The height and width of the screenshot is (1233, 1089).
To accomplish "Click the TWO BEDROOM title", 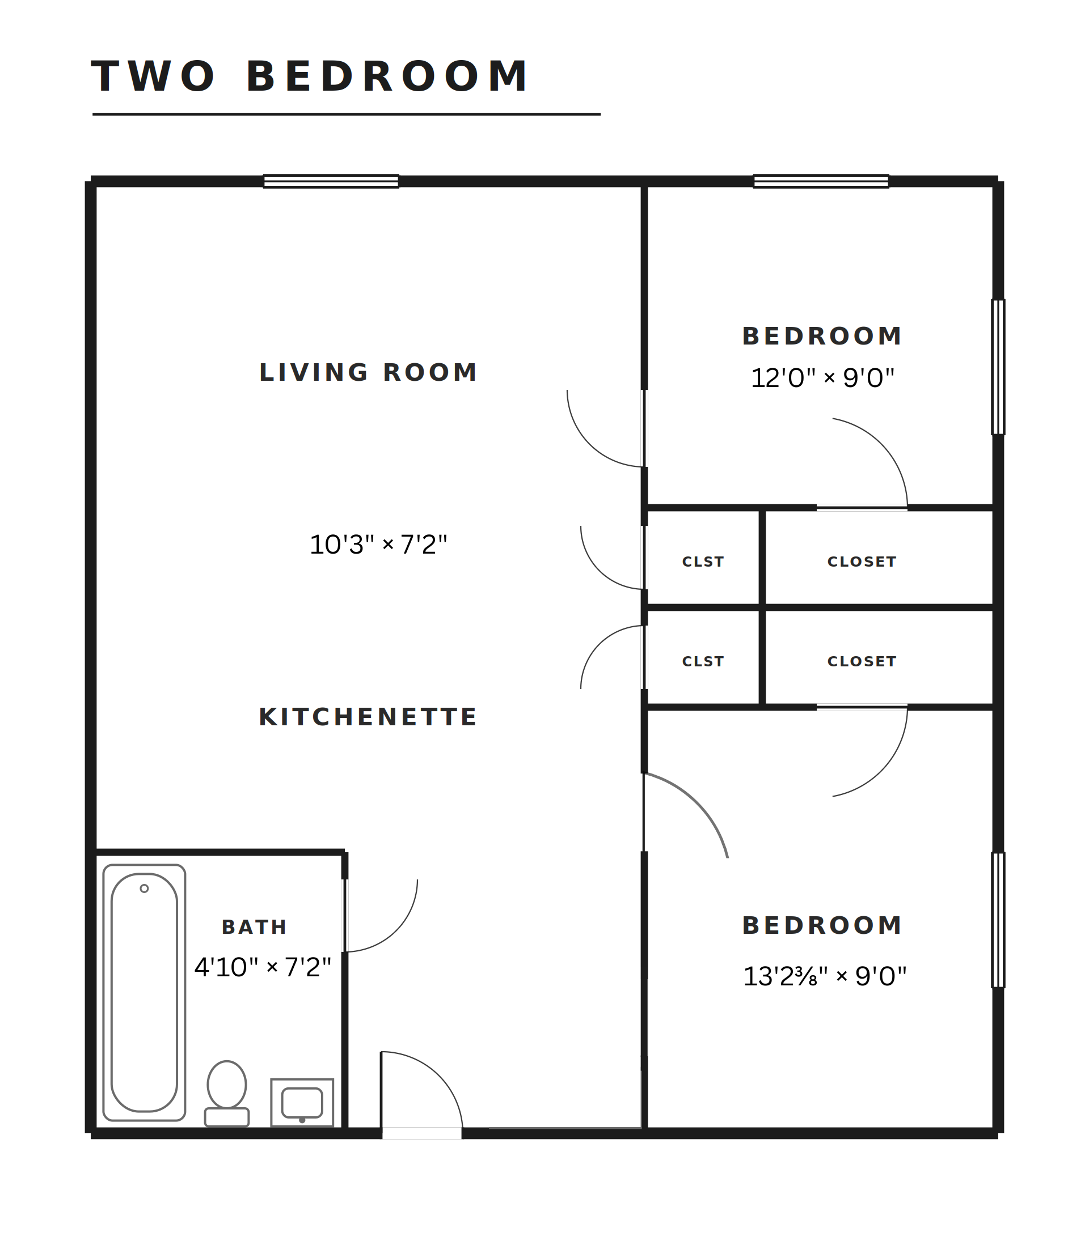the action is pos(310,76).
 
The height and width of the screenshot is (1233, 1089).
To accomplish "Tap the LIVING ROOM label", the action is pos(368,372).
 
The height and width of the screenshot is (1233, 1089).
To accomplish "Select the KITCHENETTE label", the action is pos(368,717).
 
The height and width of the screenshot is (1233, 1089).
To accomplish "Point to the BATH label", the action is pos(254,926).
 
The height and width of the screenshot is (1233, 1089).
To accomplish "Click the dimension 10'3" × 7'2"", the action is pos(378,544).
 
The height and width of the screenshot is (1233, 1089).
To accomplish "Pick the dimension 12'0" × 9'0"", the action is pos(822,377).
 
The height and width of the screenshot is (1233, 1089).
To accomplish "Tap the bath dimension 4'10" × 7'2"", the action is pos(263,967).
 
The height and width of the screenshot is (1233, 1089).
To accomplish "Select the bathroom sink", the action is pos(302,1103).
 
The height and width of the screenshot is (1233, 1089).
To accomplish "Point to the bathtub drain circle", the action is pos(144,888).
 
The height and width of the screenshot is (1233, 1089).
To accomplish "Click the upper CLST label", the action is pos(703,562).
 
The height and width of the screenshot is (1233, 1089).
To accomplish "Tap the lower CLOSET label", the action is pos(862,661).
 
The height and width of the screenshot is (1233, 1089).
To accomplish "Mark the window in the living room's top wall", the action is pos(331,181).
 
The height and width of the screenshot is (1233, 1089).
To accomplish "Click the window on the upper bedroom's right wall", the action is pos(998,367).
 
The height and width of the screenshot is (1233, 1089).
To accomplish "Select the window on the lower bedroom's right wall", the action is pos(998,920).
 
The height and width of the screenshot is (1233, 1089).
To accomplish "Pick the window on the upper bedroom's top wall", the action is pos(821,181).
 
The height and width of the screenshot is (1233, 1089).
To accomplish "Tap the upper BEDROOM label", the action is pos(822,336).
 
